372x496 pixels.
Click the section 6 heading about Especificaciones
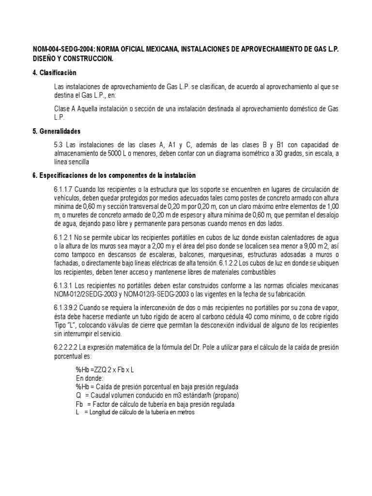pos(114,175)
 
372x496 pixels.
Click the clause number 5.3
pos(59,145)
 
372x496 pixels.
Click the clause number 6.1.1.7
pos(64,189)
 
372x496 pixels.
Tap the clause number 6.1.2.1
pos(64,237)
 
